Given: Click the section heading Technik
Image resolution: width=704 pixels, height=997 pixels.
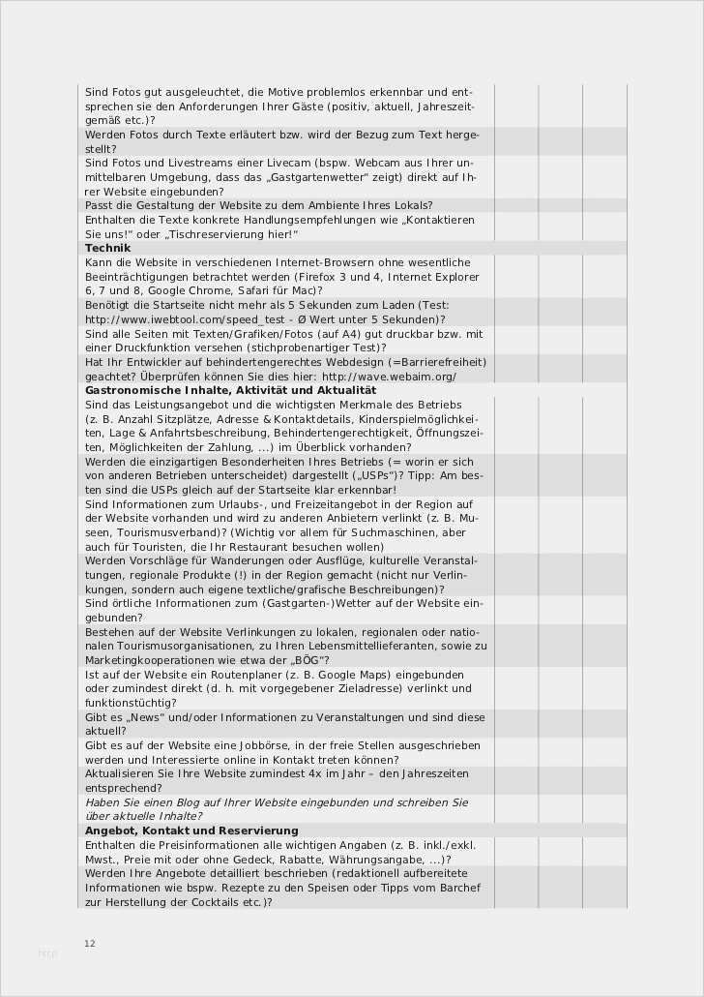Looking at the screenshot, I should coord(107,248).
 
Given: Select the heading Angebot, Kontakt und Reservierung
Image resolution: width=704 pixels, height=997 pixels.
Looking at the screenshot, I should coord(191,831).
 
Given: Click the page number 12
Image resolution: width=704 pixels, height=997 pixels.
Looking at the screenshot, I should coord(90,943).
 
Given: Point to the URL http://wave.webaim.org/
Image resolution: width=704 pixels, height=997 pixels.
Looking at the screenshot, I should coord(389,376).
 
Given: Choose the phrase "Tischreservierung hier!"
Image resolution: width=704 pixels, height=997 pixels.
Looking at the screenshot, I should coord(232,234).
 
